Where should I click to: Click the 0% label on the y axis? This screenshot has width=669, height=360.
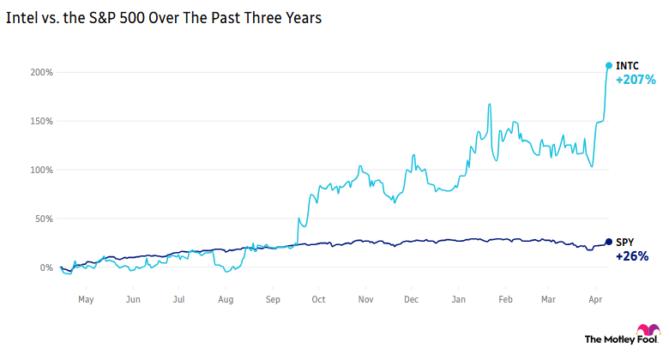(47, 267)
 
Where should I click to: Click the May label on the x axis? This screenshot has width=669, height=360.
(86, 300)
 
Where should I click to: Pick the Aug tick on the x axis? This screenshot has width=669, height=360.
(226, 300)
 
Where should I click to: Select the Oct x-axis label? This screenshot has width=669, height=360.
(317, 300)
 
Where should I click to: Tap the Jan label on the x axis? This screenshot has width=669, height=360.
(459, 300)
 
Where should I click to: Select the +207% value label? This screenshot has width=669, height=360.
(636, 81)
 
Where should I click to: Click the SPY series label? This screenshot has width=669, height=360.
(627, 242)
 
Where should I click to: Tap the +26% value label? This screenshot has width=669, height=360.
(632, 256)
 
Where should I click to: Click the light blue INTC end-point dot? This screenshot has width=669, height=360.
(609, 65)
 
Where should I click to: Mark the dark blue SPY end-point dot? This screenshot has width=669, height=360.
(609, 242)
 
